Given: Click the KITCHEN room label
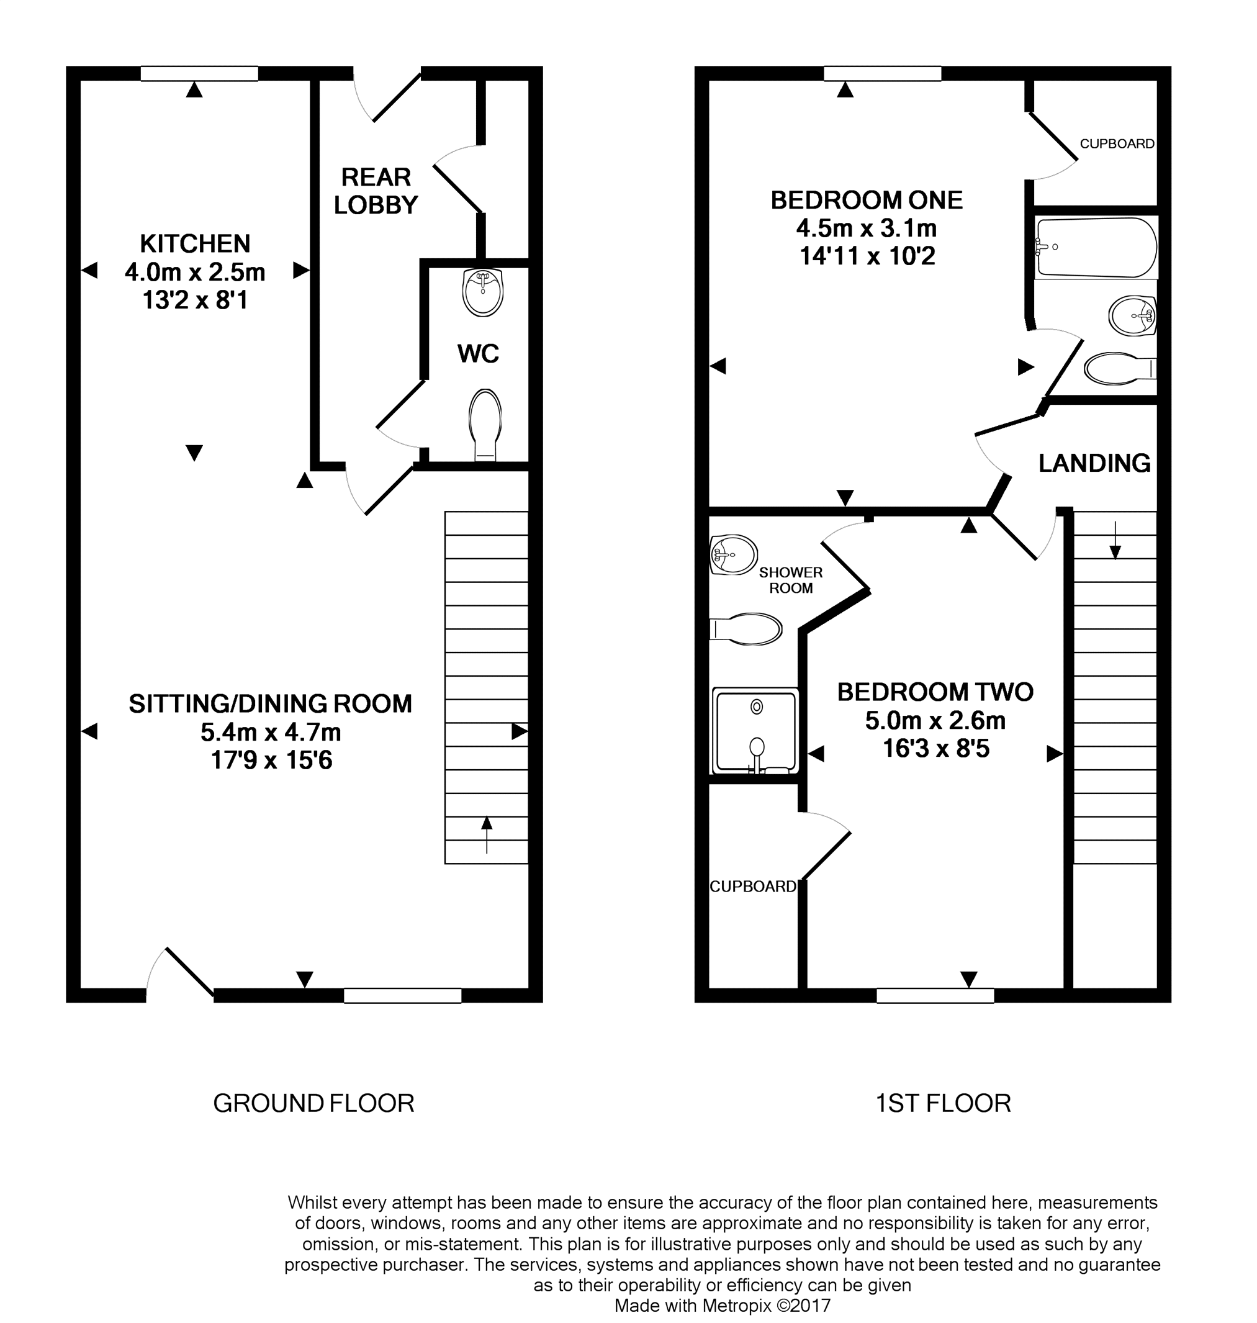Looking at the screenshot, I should (x=195, y=243).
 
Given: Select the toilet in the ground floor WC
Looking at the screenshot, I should (x=486, y=422).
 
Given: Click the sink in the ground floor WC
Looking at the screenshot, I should (x=482, y=292).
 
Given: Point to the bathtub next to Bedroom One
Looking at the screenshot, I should (x=1096, y=247).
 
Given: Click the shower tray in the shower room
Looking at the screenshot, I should (x=756, y=731).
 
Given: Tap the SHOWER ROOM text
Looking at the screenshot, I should (x=791, y=580).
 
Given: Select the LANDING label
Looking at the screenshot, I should (x=1094, y=463).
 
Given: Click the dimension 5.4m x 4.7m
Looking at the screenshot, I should (x=271, y=733).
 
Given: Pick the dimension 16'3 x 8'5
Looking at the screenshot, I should (x=935, y=749).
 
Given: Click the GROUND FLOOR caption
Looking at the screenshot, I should (x=313, y=1103).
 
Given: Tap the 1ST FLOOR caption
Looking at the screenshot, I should (x=943, y=1103).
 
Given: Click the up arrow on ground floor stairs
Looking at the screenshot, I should (x=487, y=834).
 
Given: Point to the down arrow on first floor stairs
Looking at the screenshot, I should (x=1115, y=540).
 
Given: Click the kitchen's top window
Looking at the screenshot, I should (x=199, y=74).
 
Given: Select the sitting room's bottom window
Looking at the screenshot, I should (x=402, y=996).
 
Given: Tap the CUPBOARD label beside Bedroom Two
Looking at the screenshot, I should (x=752, y=887).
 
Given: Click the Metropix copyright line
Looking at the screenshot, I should (x=723, y=1306).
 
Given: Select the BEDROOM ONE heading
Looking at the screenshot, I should (x=867, y=200).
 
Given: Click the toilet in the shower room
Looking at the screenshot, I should (x=746, y=630).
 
